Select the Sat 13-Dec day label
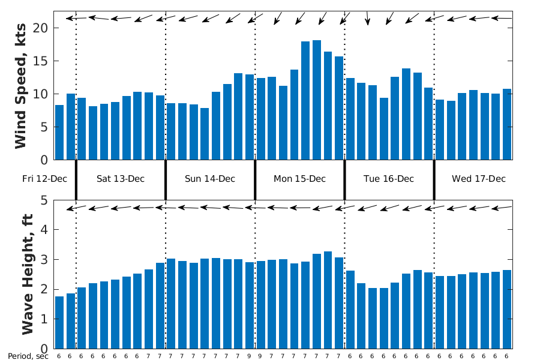(121, 179)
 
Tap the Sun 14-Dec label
(210, 179)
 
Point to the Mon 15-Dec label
(299, 179)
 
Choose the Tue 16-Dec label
(389, 179)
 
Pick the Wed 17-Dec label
(479, 179)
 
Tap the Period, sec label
(28, 356)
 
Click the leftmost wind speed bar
(59, 133)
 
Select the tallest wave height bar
(328, 300)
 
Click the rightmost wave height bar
(507, 309)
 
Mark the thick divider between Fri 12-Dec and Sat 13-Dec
(76, 179)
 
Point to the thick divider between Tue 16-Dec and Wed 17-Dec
(434, 179)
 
